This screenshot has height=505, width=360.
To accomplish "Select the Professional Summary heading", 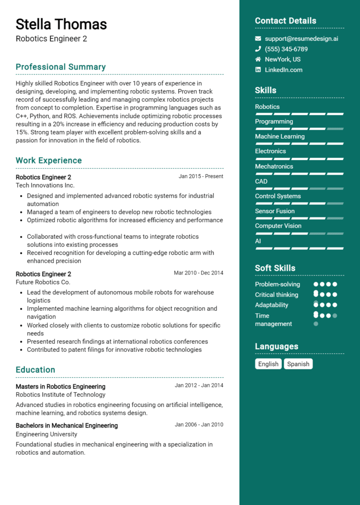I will (60, 67).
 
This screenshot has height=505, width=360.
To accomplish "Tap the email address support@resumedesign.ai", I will (301, 39).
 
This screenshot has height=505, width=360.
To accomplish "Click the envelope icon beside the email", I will (258, 39).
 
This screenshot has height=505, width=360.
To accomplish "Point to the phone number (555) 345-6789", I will (286, 49).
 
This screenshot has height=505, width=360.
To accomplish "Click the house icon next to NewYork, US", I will (258, 59).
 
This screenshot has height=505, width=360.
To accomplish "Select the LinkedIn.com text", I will (284, 70).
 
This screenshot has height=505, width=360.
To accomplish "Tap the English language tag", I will (268, 364).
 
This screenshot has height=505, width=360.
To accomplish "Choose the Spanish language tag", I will (298, 364).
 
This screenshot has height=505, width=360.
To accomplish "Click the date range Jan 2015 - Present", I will (201, 177).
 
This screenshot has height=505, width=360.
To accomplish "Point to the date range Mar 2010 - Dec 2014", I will (198, 273).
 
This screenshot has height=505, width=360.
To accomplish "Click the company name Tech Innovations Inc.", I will (45, 186).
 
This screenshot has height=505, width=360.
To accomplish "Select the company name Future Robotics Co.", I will (43, 282).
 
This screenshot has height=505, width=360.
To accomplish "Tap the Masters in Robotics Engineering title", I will (60, 386).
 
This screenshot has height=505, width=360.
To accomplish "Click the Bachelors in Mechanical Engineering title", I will (67, 425).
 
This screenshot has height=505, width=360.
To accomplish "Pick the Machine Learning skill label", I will (280, 136).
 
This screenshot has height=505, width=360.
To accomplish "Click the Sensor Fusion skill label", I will (275, 211).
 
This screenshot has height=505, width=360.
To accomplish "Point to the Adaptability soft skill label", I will (271, 305).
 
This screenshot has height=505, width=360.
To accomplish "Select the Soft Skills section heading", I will (275, 268).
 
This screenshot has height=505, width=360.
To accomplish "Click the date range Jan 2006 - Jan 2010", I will (199, 425).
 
